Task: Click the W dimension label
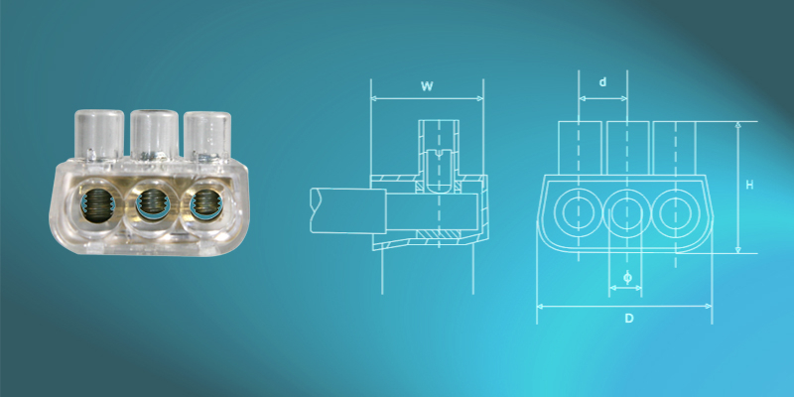point(427,86)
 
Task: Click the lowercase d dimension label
point(602,82)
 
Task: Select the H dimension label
point(750,185)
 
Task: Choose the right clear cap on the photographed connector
point(207,135)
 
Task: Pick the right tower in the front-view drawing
point(676,149)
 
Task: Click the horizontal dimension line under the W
point(427,99)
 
